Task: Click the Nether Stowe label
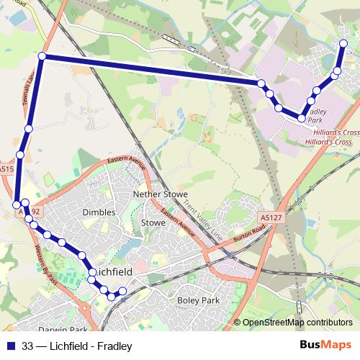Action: [x=161, y=194]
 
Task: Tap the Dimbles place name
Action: [x=99, y=212]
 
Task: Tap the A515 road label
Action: [x=6, y=169]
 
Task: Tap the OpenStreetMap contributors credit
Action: [x=297, y=323]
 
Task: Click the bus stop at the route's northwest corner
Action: [x=42, y=56]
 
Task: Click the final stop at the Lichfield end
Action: [x=122, y=291]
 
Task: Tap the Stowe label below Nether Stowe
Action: [x=153, y=223]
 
